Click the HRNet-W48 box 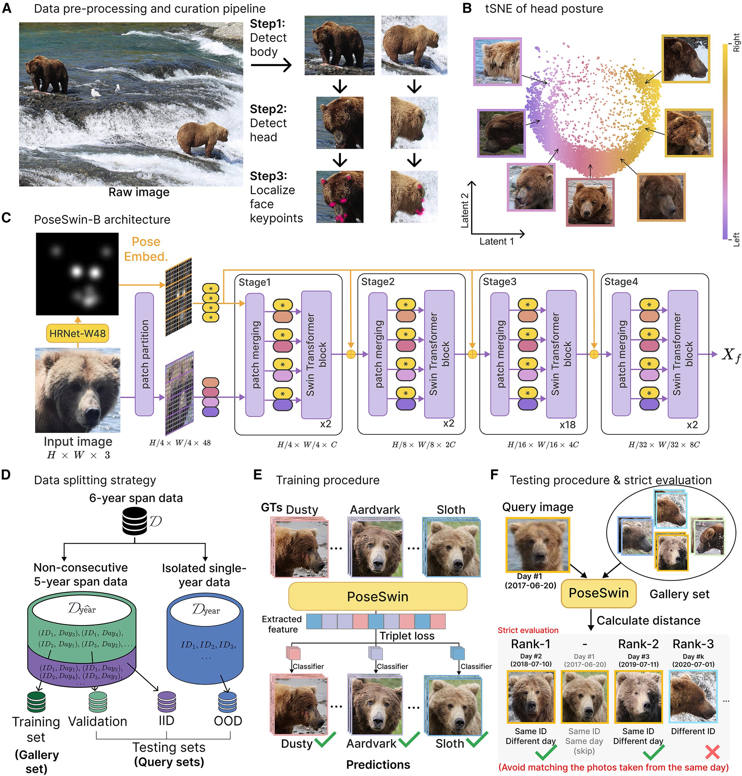[x=77, y=334]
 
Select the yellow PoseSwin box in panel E [x=377, y=596]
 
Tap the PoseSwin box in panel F [x=599, y=593]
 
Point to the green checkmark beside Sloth [x=477, y=739]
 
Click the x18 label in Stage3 [x=567, y=425]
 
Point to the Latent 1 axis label [x=497, y=241]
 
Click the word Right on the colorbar [x=736, y=42]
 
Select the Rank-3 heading [x=693, y=644]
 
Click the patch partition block [x=144, y=354]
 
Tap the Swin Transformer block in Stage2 [x=439, y=354]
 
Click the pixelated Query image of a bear [x=537, y=545]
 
